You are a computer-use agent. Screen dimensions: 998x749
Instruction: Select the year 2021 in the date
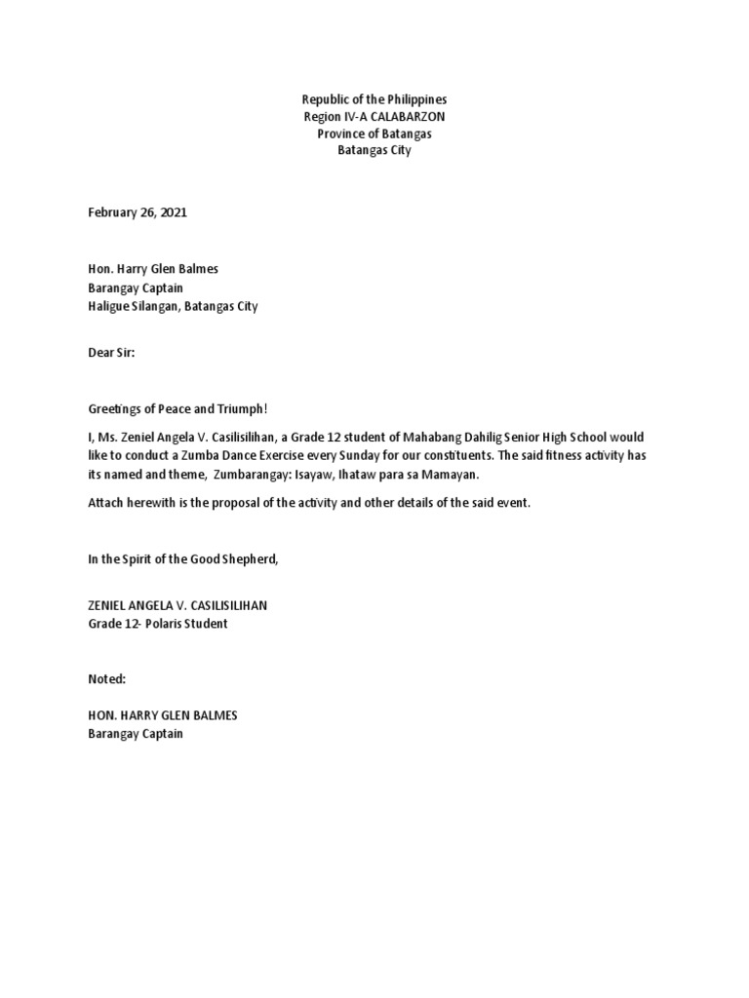(171, 212)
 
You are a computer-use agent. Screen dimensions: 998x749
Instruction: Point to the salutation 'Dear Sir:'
(111, 355)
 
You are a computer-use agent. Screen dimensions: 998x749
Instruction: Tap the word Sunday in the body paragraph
(365, 454)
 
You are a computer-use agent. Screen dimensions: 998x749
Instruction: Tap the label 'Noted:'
(107, 677)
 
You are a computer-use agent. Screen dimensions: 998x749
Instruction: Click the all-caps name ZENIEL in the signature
(109, 605)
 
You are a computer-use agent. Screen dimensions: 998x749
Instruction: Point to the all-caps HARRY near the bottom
(138, 715)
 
